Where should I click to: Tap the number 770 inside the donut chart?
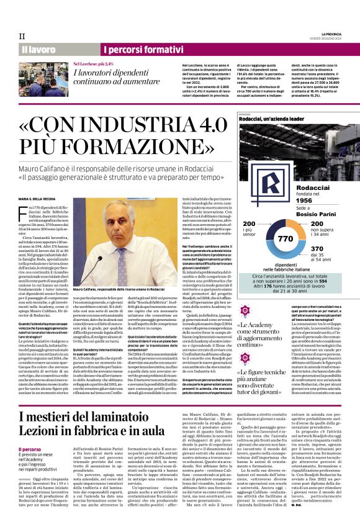pyautogui.click(x=285, y=238)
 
